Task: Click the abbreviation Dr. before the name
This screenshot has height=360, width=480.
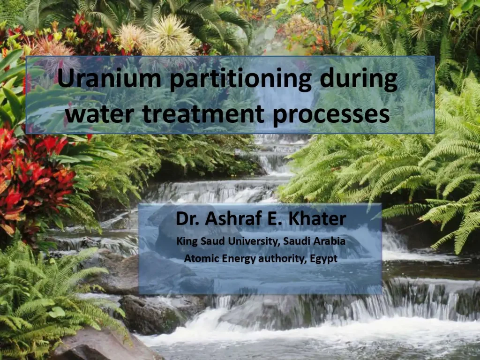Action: pos(187,219)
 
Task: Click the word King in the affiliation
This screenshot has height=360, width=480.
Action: pos(186,242)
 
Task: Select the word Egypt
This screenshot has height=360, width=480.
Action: pos(323,258)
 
